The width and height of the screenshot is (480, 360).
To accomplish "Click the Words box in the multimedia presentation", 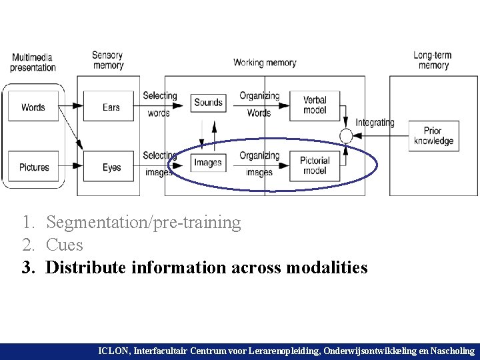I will click(x=33, y=107).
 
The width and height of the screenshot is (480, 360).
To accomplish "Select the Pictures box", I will click(x=34, y=167).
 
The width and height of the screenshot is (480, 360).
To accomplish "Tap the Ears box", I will click(x=111, y=107).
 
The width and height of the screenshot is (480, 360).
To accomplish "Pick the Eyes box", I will click(x=111, y=167).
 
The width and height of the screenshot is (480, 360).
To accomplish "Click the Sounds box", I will click(x=208, y=102).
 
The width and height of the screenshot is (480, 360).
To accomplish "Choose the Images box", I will click(x=208, y=162).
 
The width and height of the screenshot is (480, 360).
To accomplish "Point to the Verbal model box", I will click(x=315, y=105).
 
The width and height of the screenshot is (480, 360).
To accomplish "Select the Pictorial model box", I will click(x=315, y=165).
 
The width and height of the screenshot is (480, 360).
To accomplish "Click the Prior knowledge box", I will click(x=433, y=136).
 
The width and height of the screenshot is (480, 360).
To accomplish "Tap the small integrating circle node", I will click(x=345, y=136).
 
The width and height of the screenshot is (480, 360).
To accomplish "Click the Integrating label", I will click(x=375, y=123).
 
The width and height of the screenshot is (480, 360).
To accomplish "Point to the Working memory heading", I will click(x=265, y=63).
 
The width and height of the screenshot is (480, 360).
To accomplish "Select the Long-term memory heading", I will click(x=433, y=60).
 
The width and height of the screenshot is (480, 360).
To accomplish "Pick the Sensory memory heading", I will click(x=108, y=60).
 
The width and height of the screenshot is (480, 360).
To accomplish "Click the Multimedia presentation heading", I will click(x=33, y=62).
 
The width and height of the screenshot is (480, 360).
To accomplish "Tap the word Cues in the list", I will click(x=65, y=245).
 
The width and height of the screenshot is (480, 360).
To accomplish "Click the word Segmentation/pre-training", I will click(x=143, y=222).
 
